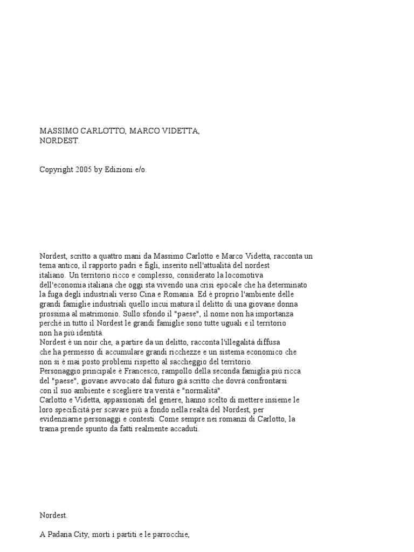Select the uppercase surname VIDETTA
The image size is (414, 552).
click(180, 132)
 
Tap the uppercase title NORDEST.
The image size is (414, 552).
click(59, 141)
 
